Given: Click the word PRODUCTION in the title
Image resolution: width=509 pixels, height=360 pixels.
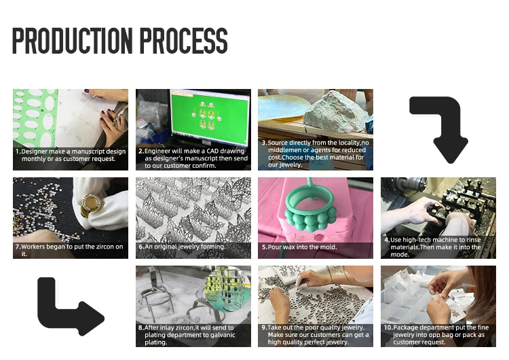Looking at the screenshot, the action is click(73, 41).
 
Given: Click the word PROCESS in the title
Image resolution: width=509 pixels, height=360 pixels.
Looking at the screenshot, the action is click(184, 41).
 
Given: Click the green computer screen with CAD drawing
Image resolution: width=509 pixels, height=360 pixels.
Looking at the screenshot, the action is click(210, 118).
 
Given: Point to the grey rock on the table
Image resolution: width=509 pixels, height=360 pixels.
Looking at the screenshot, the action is click(337, 112).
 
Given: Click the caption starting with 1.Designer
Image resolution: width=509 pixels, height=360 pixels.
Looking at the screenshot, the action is click(71, 155).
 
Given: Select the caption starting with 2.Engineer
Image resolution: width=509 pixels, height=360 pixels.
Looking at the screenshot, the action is click(193, 158).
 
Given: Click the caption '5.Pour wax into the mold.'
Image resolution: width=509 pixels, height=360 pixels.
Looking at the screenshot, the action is click(299, 247).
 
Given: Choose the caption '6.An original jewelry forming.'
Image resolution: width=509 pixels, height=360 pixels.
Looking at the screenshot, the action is click(182, 247).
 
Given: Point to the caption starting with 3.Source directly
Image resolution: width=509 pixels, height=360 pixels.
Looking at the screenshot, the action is click(316, 154).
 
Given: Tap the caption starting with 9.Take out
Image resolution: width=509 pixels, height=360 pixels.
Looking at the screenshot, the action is click(315, 335).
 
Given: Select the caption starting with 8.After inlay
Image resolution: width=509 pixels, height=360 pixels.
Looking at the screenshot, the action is click(187, 335).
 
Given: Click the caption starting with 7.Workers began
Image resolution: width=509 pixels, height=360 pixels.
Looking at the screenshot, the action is click(69, 250).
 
